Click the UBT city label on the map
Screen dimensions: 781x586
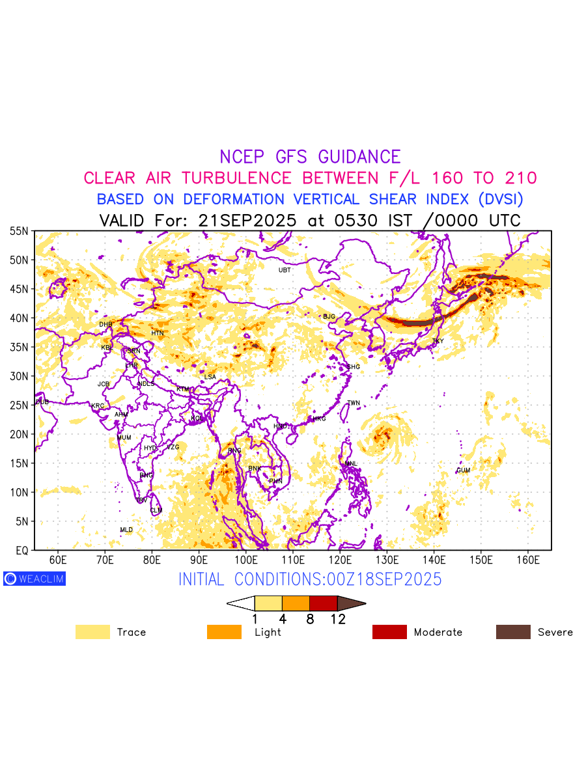click(x=285, y=270)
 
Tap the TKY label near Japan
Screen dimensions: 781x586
click(x=438, y=341)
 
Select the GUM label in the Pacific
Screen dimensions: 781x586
click(x=463, y=470)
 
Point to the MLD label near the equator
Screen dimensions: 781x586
click(x=126, y=530)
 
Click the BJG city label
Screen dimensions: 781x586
click(x=329, y=316)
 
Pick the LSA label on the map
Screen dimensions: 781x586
click(x=210, y=377)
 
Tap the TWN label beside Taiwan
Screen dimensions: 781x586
click(x=354, y=403)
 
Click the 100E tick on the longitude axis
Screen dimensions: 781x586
click(x=246, y=560)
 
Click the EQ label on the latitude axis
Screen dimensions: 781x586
click(x=21, y=551)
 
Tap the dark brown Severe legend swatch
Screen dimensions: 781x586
click(x=513, y=632)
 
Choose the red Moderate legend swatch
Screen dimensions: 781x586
click(x=389, y=632)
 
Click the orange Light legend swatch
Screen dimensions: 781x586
click(x=224, y=632)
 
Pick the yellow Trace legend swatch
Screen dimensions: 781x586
click(x=92, y=632)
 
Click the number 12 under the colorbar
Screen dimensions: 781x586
click(x=338, y=620)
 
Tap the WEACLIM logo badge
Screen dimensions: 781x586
click(x=35, y=579)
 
